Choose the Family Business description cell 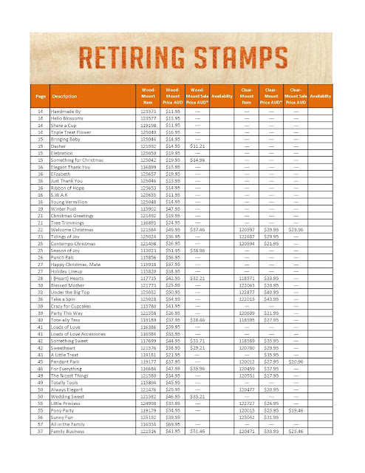71,450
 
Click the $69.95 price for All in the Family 173,444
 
